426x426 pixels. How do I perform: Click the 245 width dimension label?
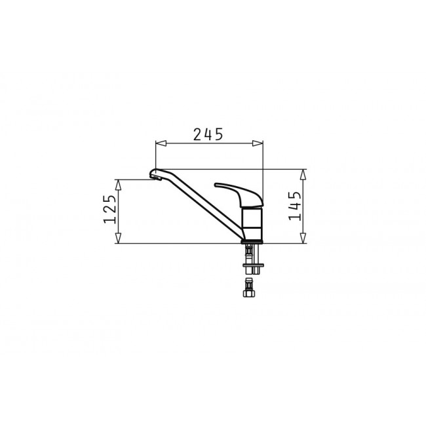(x=208, y=134)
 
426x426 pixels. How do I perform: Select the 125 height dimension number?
(x=110, y=209)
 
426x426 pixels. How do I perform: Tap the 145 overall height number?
(x=294, y=206)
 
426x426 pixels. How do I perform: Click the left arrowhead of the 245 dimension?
(x=161, y=143)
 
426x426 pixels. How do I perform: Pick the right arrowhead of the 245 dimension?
(x=258, y=143)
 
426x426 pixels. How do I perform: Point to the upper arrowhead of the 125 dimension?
(x=117, y=185)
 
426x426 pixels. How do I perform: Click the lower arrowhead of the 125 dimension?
(x=117, y=238)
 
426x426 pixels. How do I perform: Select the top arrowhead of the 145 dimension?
(x=303, y=174)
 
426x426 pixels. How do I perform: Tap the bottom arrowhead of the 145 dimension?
(x=303, y=238)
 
